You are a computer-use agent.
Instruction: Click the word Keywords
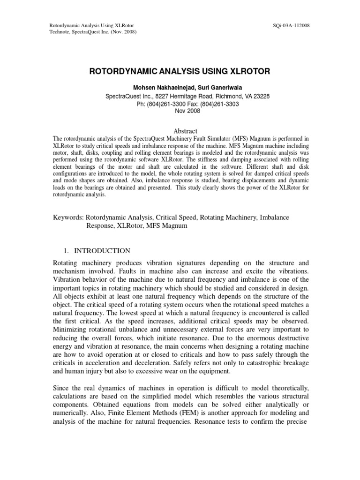click(x=67, y=217)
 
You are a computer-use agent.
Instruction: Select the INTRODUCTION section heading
click(x=103, y=251)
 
